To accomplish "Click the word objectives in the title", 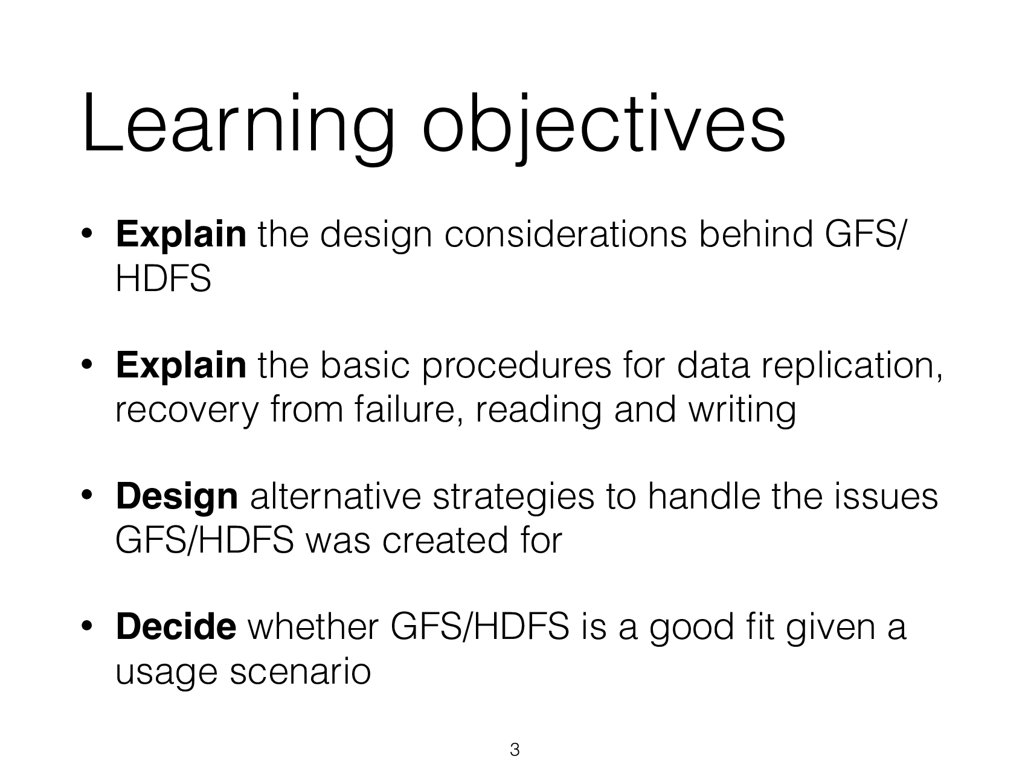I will click(604, 125).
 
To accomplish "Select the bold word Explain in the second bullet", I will click(181, 365).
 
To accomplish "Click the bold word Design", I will click(176, 497).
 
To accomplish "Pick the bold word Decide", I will click(176, 627).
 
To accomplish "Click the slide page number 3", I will click(515, 750).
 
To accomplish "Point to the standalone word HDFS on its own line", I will click(163, 279).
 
